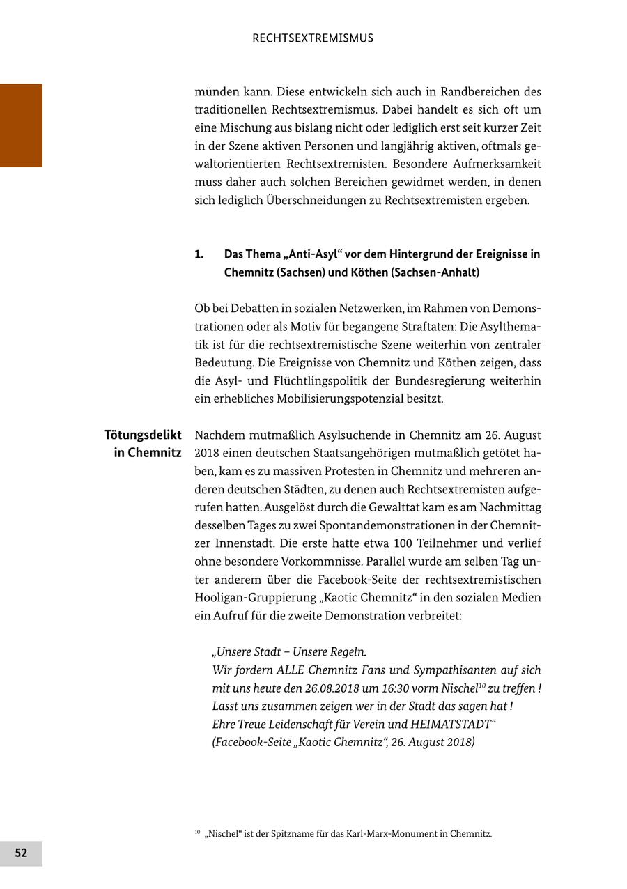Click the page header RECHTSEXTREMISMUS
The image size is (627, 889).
tap(313, 38)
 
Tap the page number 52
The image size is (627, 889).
tap(21, 853)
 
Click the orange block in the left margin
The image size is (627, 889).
tap(21, 125)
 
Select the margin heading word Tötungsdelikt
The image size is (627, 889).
tap(143, 435)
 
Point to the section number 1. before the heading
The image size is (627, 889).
tap(199, 254)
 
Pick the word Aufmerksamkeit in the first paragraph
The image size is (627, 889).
tap(498, 164)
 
